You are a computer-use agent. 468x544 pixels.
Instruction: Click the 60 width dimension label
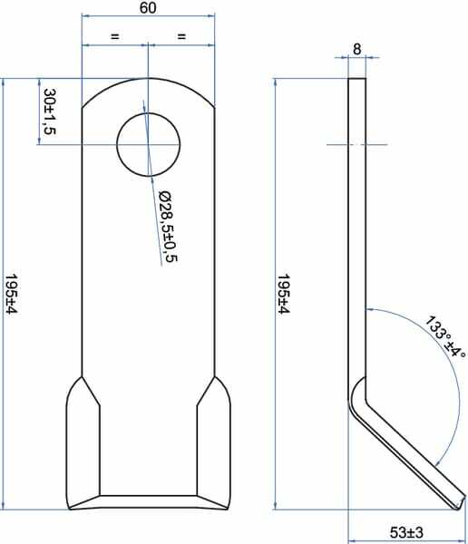click(148, 8)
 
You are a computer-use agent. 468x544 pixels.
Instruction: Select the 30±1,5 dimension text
click(50, 112)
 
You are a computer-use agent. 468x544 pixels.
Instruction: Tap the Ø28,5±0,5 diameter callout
click(168, 226)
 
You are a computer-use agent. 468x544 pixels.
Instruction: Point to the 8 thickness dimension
click(357, 50)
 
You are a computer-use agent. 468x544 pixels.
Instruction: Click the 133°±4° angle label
click(446, 337)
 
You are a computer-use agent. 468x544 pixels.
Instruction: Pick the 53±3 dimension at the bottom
click(406, 532)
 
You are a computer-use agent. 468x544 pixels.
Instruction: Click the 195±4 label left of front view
click(11, 295)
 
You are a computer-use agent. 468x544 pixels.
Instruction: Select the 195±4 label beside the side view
click(283, 294)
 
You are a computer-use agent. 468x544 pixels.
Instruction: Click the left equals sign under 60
click(114, 36)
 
